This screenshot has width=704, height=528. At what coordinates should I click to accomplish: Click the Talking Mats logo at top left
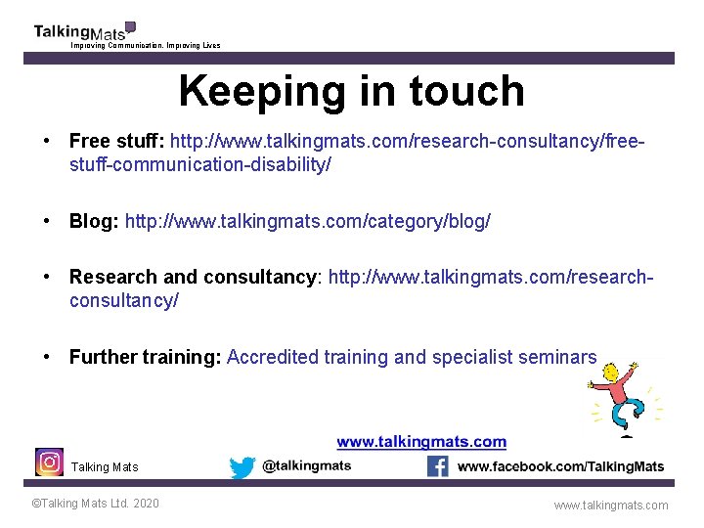83,31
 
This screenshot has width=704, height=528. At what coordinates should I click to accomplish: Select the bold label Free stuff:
116,141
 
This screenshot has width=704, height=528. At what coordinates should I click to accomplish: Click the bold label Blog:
93,221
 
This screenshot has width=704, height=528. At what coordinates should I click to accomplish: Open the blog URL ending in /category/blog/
307,221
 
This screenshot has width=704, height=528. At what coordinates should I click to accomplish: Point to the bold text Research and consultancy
194,277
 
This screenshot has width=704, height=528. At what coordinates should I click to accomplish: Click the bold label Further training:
145,357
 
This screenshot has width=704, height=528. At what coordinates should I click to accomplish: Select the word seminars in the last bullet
557,357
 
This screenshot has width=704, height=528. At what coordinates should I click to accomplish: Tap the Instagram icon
49,462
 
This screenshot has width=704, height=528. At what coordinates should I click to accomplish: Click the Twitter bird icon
242,467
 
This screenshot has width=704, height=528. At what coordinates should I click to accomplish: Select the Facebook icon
438,466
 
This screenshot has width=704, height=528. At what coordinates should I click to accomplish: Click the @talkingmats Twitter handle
306,466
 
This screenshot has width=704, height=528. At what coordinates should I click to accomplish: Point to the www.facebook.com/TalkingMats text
560,466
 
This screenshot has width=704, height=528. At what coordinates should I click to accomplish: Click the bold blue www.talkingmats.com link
421,442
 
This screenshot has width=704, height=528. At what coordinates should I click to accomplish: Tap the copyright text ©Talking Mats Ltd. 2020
95,504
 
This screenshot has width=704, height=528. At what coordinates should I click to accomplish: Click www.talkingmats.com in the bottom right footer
611,506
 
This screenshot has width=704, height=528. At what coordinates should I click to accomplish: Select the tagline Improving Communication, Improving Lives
146,46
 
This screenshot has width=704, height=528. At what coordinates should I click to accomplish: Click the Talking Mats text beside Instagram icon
105,467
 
